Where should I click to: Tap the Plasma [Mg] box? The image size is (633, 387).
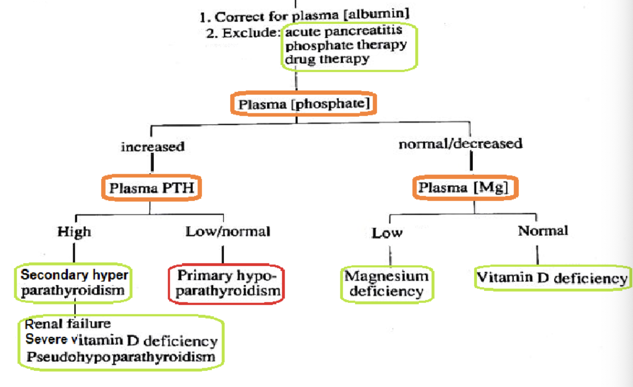tap(465, 187)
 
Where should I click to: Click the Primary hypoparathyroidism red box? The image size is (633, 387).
tap(226, 284)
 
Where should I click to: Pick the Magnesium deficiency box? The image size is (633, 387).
tap(387, 283)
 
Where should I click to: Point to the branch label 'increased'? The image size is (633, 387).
tap(152, 147)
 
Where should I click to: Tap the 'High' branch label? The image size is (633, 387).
tap(74, 232)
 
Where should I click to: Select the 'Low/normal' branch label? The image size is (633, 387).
tap(228, 232)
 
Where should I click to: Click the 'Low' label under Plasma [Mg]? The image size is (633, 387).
tap(387, 233)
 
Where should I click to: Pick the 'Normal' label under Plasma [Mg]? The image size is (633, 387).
tap(543, 231)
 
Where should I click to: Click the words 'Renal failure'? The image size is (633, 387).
tap(68, 324)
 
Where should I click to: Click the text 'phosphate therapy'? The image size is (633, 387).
tap(345, 46)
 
